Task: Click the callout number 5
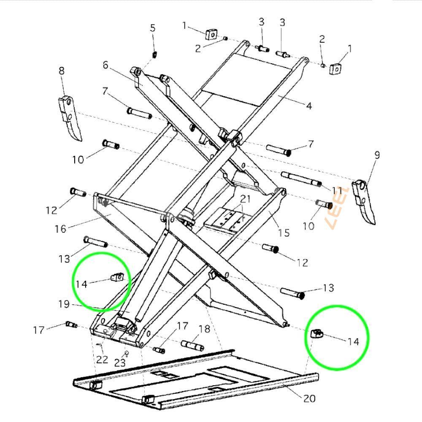(153, 28)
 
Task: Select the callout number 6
(105, 65)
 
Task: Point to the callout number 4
(309, 105)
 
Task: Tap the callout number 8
(62, 71)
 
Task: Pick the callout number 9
(377, 155)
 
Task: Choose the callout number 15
(284, 232)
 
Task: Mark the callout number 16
(60, 228)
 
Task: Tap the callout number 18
(204, 329)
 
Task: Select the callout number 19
(64, 303)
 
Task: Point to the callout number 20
(309, 398)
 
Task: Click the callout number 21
(246, 199)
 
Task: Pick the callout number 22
(102, 360)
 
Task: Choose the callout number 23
(120, 362)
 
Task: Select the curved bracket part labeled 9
(363, 200)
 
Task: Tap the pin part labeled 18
(192, 345)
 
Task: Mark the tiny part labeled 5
(154, 54)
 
